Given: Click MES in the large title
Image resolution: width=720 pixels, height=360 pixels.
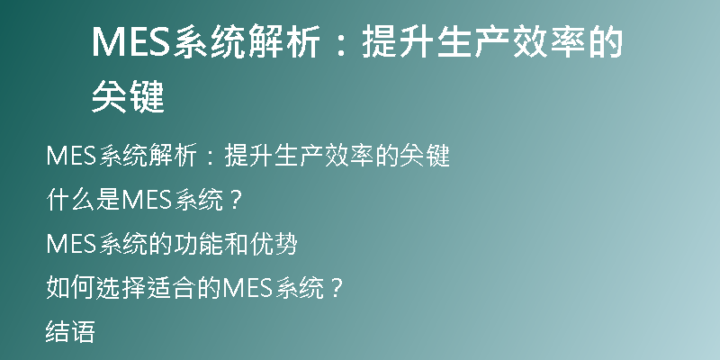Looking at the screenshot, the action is click(x=131, y=41).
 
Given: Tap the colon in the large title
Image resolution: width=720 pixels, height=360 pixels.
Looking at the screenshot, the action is click(x=340, y=42).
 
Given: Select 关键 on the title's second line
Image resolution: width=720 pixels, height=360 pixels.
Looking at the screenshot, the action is click(x=128, y=97).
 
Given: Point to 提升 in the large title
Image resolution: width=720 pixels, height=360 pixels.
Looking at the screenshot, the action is click(x=398, y=41).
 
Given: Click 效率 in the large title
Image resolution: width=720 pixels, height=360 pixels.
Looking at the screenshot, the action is click(x=548, y=41).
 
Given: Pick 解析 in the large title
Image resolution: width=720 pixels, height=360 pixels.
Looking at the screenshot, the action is click(x=283, y=41).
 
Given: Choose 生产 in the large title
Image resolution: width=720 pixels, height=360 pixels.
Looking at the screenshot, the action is click(x=473, y=41).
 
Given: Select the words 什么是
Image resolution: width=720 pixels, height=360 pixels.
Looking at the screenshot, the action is click(x=83, y=200).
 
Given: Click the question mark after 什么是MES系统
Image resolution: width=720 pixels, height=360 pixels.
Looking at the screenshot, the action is click(x=235, y=200).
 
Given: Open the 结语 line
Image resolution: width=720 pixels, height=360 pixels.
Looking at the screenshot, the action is click(x=70, y=332).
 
